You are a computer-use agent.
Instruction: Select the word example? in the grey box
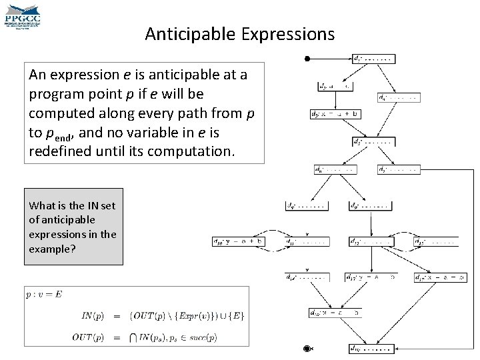[51, 248]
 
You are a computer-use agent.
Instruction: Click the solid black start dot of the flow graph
[307, 59]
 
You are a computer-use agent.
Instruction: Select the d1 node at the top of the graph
[377, 58]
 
